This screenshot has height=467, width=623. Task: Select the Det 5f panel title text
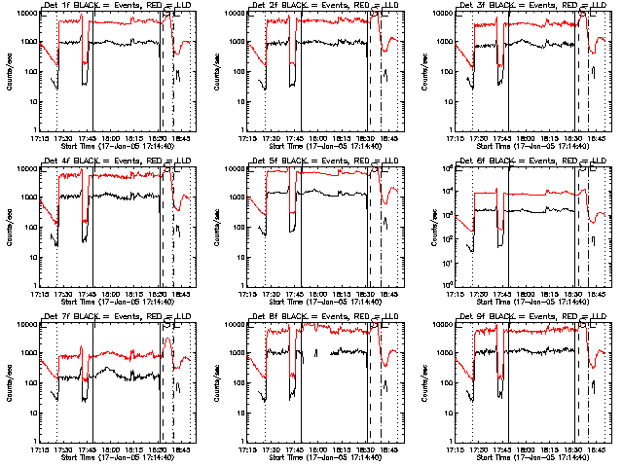(322, 162)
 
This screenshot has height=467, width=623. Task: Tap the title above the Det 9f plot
(531, 317)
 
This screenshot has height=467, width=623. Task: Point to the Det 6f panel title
(531, 162)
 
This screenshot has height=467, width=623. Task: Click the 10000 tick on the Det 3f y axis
(448, 13)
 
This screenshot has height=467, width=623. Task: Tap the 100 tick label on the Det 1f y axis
(29, 72)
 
